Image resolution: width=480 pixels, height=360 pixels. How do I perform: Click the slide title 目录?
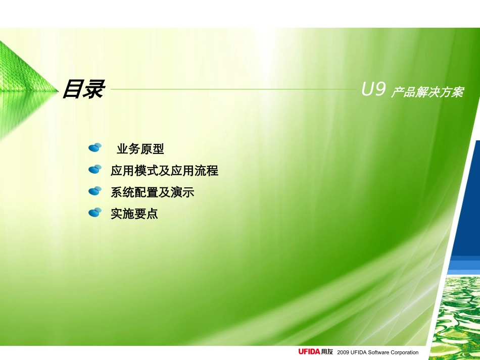83,90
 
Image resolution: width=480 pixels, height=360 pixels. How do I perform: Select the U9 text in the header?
374,90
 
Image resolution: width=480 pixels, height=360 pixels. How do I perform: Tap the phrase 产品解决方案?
427,92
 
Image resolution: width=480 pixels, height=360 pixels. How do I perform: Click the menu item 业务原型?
140,149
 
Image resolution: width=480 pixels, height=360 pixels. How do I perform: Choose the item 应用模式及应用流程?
164,171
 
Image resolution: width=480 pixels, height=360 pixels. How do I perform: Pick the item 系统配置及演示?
152,192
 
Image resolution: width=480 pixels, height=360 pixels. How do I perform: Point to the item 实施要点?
134,214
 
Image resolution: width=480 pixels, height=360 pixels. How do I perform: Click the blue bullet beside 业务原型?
95,147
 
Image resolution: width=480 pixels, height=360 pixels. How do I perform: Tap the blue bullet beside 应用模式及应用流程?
95,169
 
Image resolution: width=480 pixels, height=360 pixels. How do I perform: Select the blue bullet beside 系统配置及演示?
95,191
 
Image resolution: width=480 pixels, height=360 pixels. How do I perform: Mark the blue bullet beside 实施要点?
95,213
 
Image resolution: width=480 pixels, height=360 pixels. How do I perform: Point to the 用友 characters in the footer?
327,352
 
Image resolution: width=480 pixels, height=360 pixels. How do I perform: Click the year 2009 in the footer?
343,352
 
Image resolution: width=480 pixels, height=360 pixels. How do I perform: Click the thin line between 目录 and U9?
232,89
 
